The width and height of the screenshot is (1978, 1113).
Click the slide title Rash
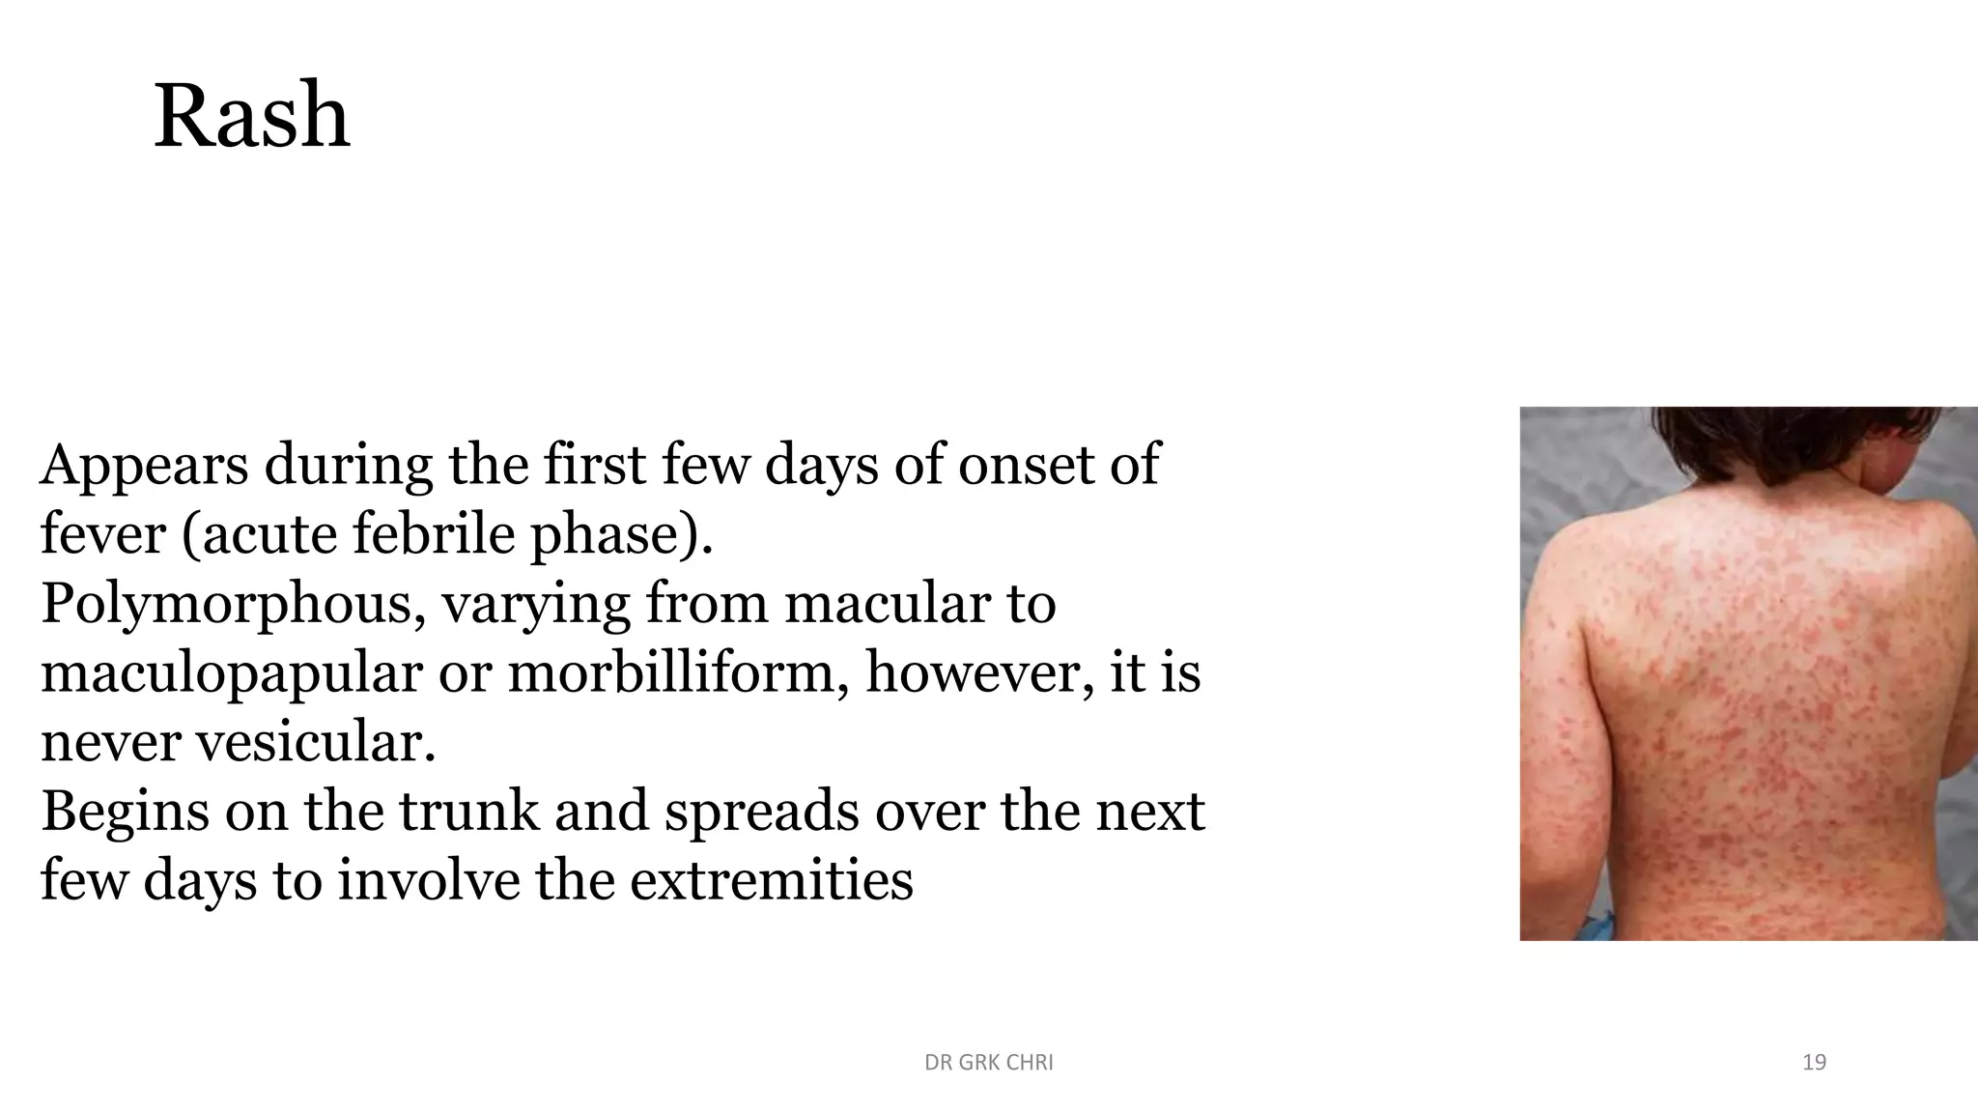[x=251, y=116]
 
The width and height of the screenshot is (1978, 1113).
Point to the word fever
[x=102, y=534]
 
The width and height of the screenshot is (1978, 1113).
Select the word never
[x=110, y=743]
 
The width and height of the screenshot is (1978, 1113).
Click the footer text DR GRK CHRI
[x=988, y=1063]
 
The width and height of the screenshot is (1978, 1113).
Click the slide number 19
[x=1814, y=1063]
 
